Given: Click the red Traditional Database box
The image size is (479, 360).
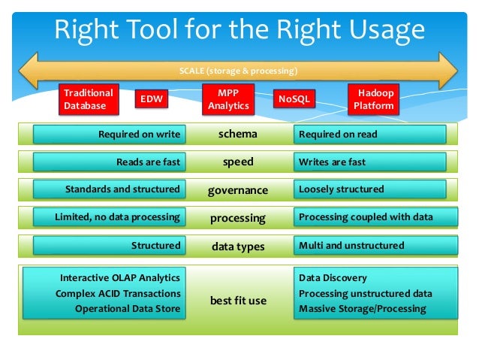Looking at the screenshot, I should [89, 99].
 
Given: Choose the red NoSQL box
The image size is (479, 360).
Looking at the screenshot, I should [294, 98].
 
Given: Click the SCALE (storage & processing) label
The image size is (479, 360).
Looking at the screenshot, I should [239, 71].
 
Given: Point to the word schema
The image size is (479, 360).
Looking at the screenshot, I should [237, 134].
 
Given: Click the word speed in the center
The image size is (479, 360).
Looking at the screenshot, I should [238, 162].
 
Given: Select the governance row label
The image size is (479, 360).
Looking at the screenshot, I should [237, 190].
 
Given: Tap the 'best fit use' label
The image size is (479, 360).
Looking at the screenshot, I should [237, 301].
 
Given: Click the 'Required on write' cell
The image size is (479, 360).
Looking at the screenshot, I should [108, 135].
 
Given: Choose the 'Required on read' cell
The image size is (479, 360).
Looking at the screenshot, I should [369, 135].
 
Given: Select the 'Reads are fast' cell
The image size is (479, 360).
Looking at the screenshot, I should [108, 162].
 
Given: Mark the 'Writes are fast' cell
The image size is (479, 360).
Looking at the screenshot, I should [369, 162].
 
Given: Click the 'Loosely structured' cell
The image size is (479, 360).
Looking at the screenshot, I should [369, 189].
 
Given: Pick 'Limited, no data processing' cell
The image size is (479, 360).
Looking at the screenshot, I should [108, 217].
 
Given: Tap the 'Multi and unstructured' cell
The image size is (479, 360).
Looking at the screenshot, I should [369, 245].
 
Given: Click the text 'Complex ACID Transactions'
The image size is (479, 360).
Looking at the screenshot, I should [118, 293].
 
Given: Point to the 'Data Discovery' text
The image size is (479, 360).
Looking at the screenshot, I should [333, 278].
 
